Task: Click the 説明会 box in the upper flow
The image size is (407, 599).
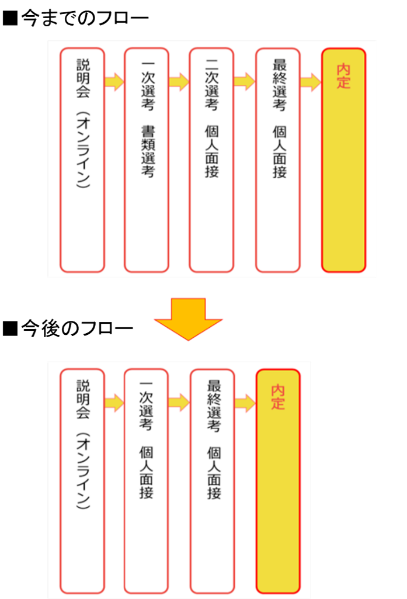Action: pos(82,160)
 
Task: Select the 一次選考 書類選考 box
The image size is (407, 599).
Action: pos(147,160)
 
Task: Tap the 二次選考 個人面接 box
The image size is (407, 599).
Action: pos(211,160)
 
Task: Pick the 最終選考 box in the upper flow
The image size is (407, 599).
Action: pos(278,160)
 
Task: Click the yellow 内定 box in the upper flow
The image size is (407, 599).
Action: pos(344,160)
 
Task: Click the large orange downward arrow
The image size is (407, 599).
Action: pos(188,319)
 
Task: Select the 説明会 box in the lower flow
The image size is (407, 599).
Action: pos(82,481)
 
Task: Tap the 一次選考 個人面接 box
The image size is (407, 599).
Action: pos(146,481)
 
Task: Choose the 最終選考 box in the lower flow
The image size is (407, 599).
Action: pos(213,481)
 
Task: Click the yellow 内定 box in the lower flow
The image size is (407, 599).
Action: pos(278,481)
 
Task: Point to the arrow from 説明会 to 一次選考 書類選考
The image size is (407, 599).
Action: pos(114,82)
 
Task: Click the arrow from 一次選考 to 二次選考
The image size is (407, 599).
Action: pos(179,82)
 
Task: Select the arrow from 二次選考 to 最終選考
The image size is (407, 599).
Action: pos(245,82)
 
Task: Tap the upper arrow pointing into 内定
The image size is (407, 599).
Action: pos(311,82)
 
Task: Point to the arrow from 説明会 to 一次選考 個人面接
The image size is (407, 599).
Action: pos(114,402)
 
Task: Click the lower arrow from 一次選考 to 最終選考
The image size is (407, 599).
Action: pos(179,402)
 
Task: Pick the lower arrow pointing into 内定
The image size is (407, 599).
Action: pos(245,402)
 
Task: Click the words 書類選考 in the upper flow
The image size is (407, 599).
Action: pos(147,151)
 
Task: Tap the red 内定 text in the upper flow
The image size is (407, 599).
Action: pos(344,76)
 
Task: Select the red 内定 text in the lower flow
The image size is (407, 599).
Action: pos(278,396)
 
